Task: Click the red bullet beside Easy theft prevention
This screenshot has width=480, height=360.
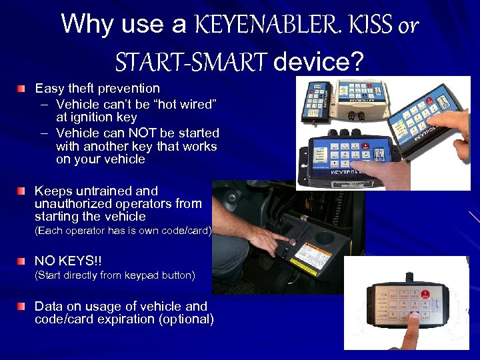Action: [23, 88]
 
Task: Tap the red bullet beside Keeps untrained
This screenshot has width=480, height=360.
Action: [23, 191]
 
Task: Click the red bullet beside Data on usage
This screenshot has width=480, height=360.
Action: [23, 306]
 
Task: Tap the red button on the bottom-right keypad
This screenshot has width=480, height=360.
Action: [426, 291]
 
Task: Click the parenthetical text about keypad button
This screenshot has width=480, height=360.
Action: [115, 275]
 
